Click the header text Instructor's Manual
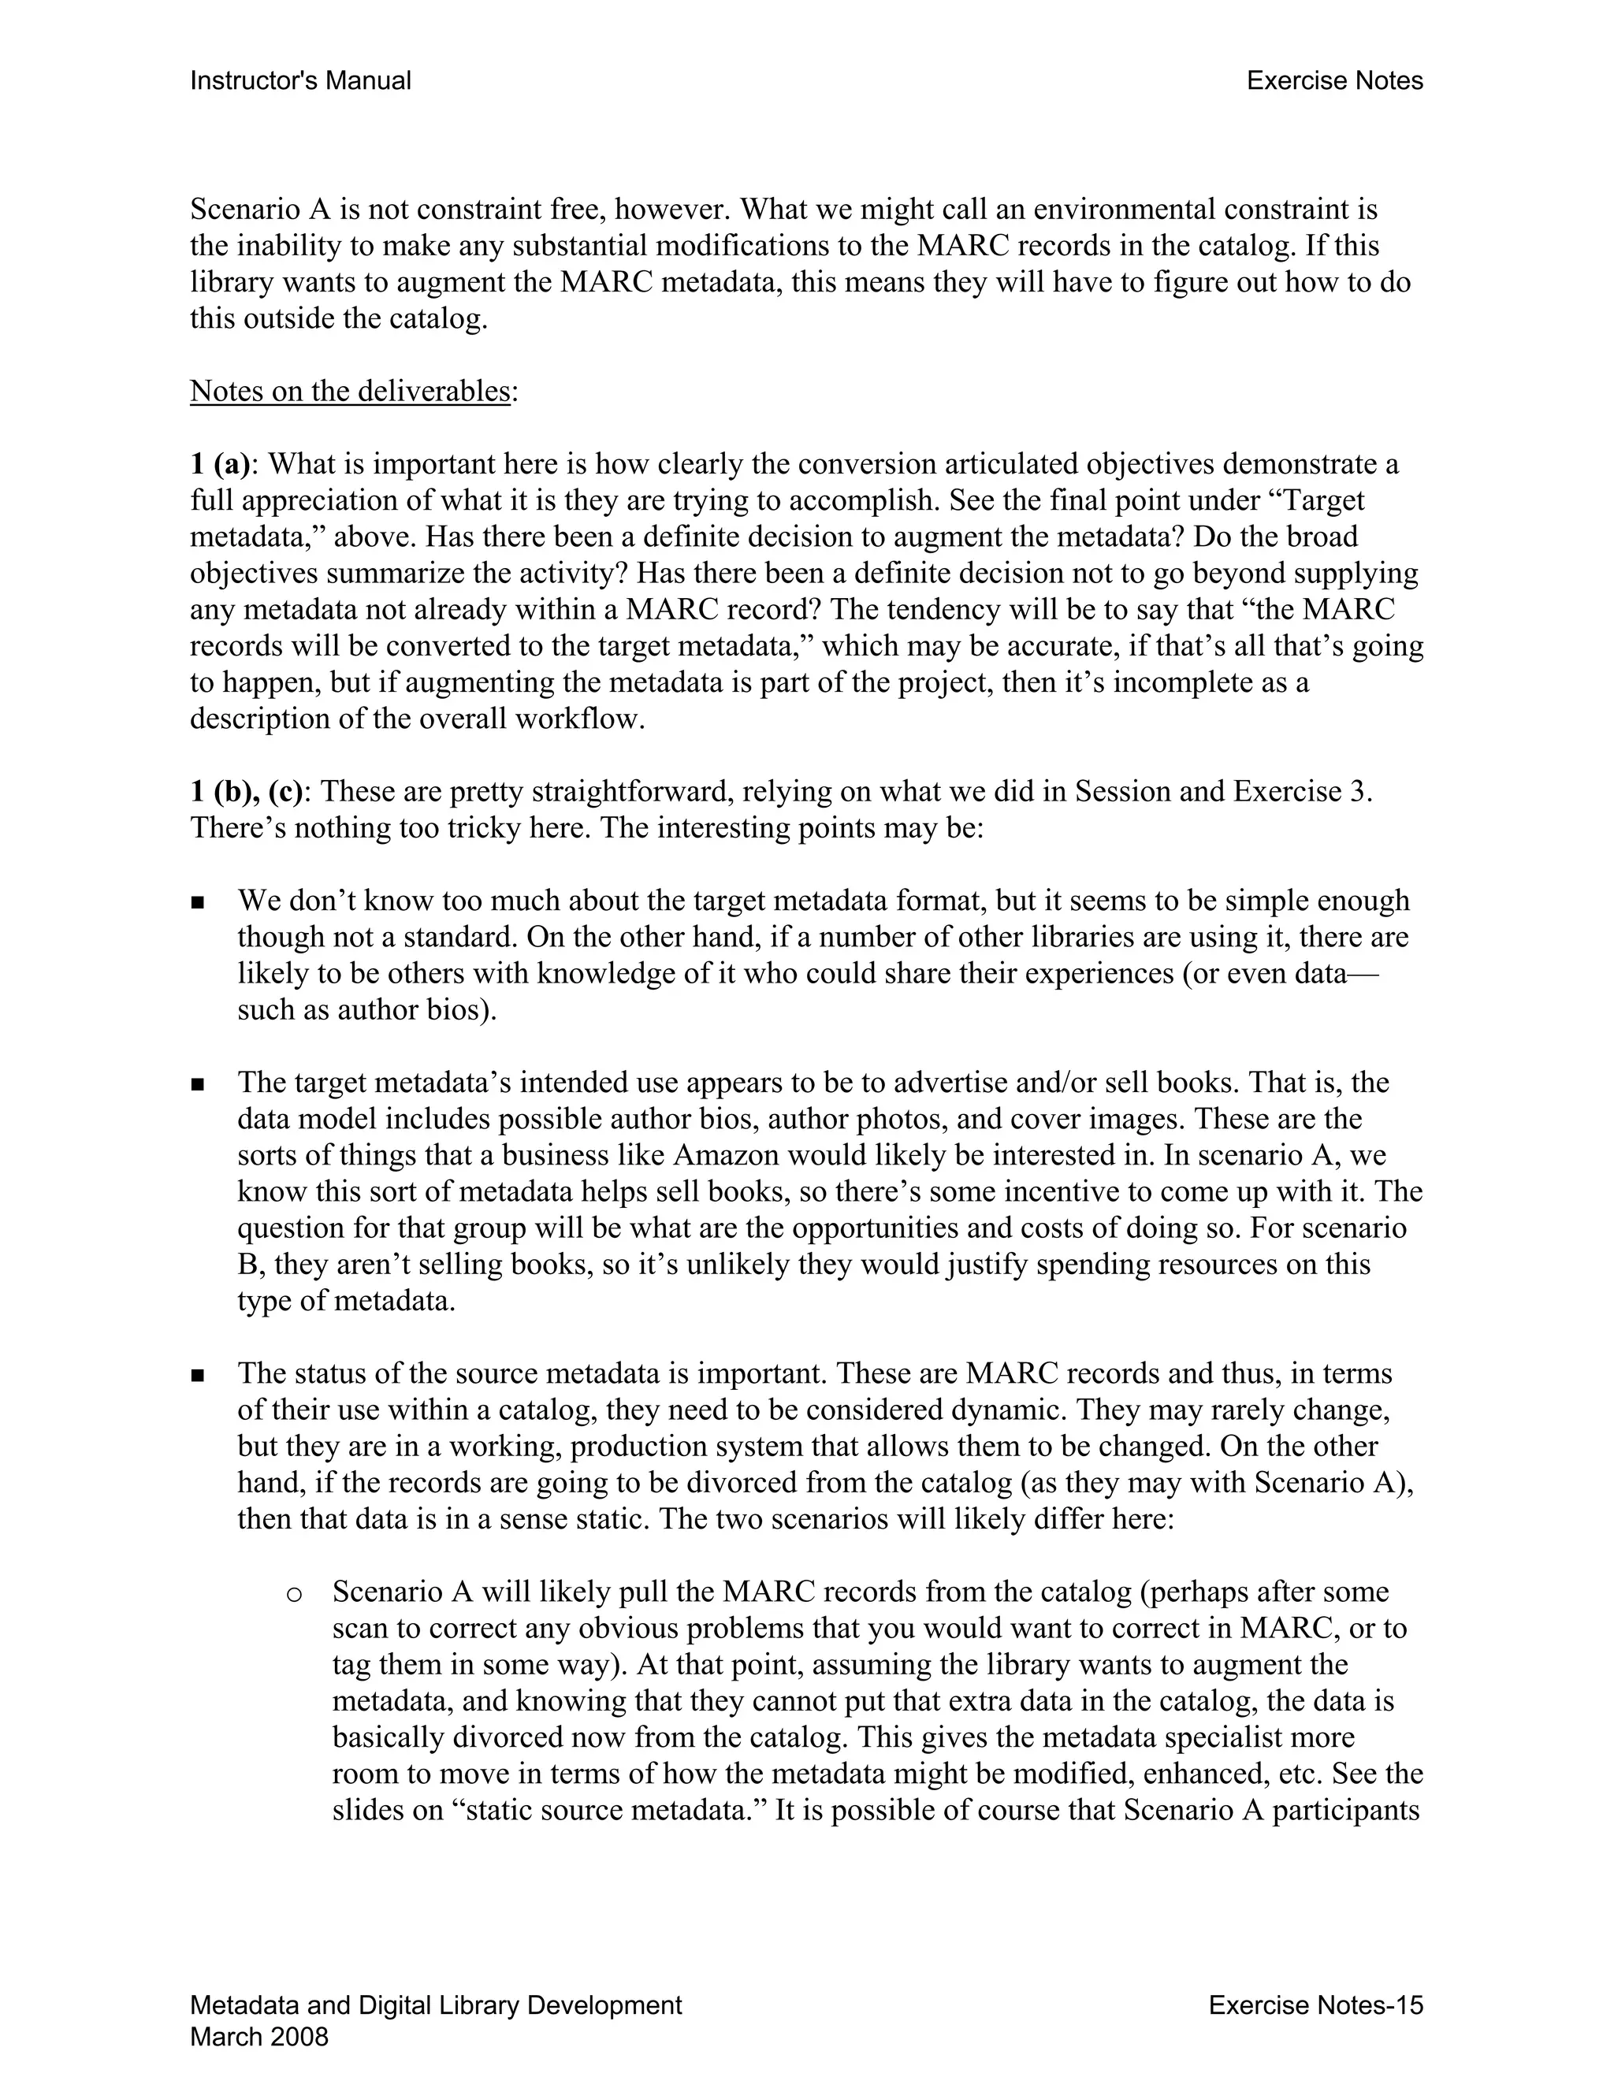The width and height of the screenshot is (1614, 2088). click(x=300, y=81)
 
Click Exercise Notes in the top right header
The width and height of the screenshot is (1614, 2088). click(x=1334, y=81)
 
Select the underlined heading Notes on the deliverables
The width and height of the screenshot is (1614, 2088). click(x=350, y=391)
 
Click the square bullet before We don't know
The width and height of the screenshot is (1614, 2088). click(x=198, y=902)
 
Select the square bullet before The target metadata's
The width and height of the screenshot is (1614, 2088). click(x=198, y=1084)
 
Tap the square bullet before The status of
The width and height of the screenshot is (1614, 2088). click(x=198, y=1375)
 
